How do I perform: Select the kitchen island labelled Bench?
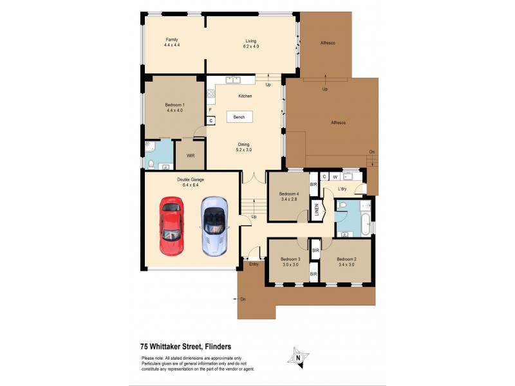click(x=239, y=117)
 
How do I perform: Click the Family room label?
click(x=171, y=42)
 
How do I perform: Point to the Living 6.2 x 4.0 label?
click(x=251, y=42)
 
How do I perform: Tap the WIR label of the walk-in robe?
click(x=191, y=156)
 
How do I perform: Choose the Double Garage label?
click(x=191, y=183)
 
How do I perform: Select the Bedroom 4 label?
click(x=289, y=197)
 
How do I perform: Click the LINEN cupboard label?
click(x=317, y=211)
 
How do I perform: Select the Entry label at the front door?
click(x=254, y=264)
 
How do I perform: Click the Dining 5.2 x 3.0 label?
click(x=244, y=147)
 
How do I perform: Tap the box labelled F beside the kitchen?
click(x=211, y=110)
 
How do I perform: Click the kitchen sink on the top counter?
click(x=232, y=80)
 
